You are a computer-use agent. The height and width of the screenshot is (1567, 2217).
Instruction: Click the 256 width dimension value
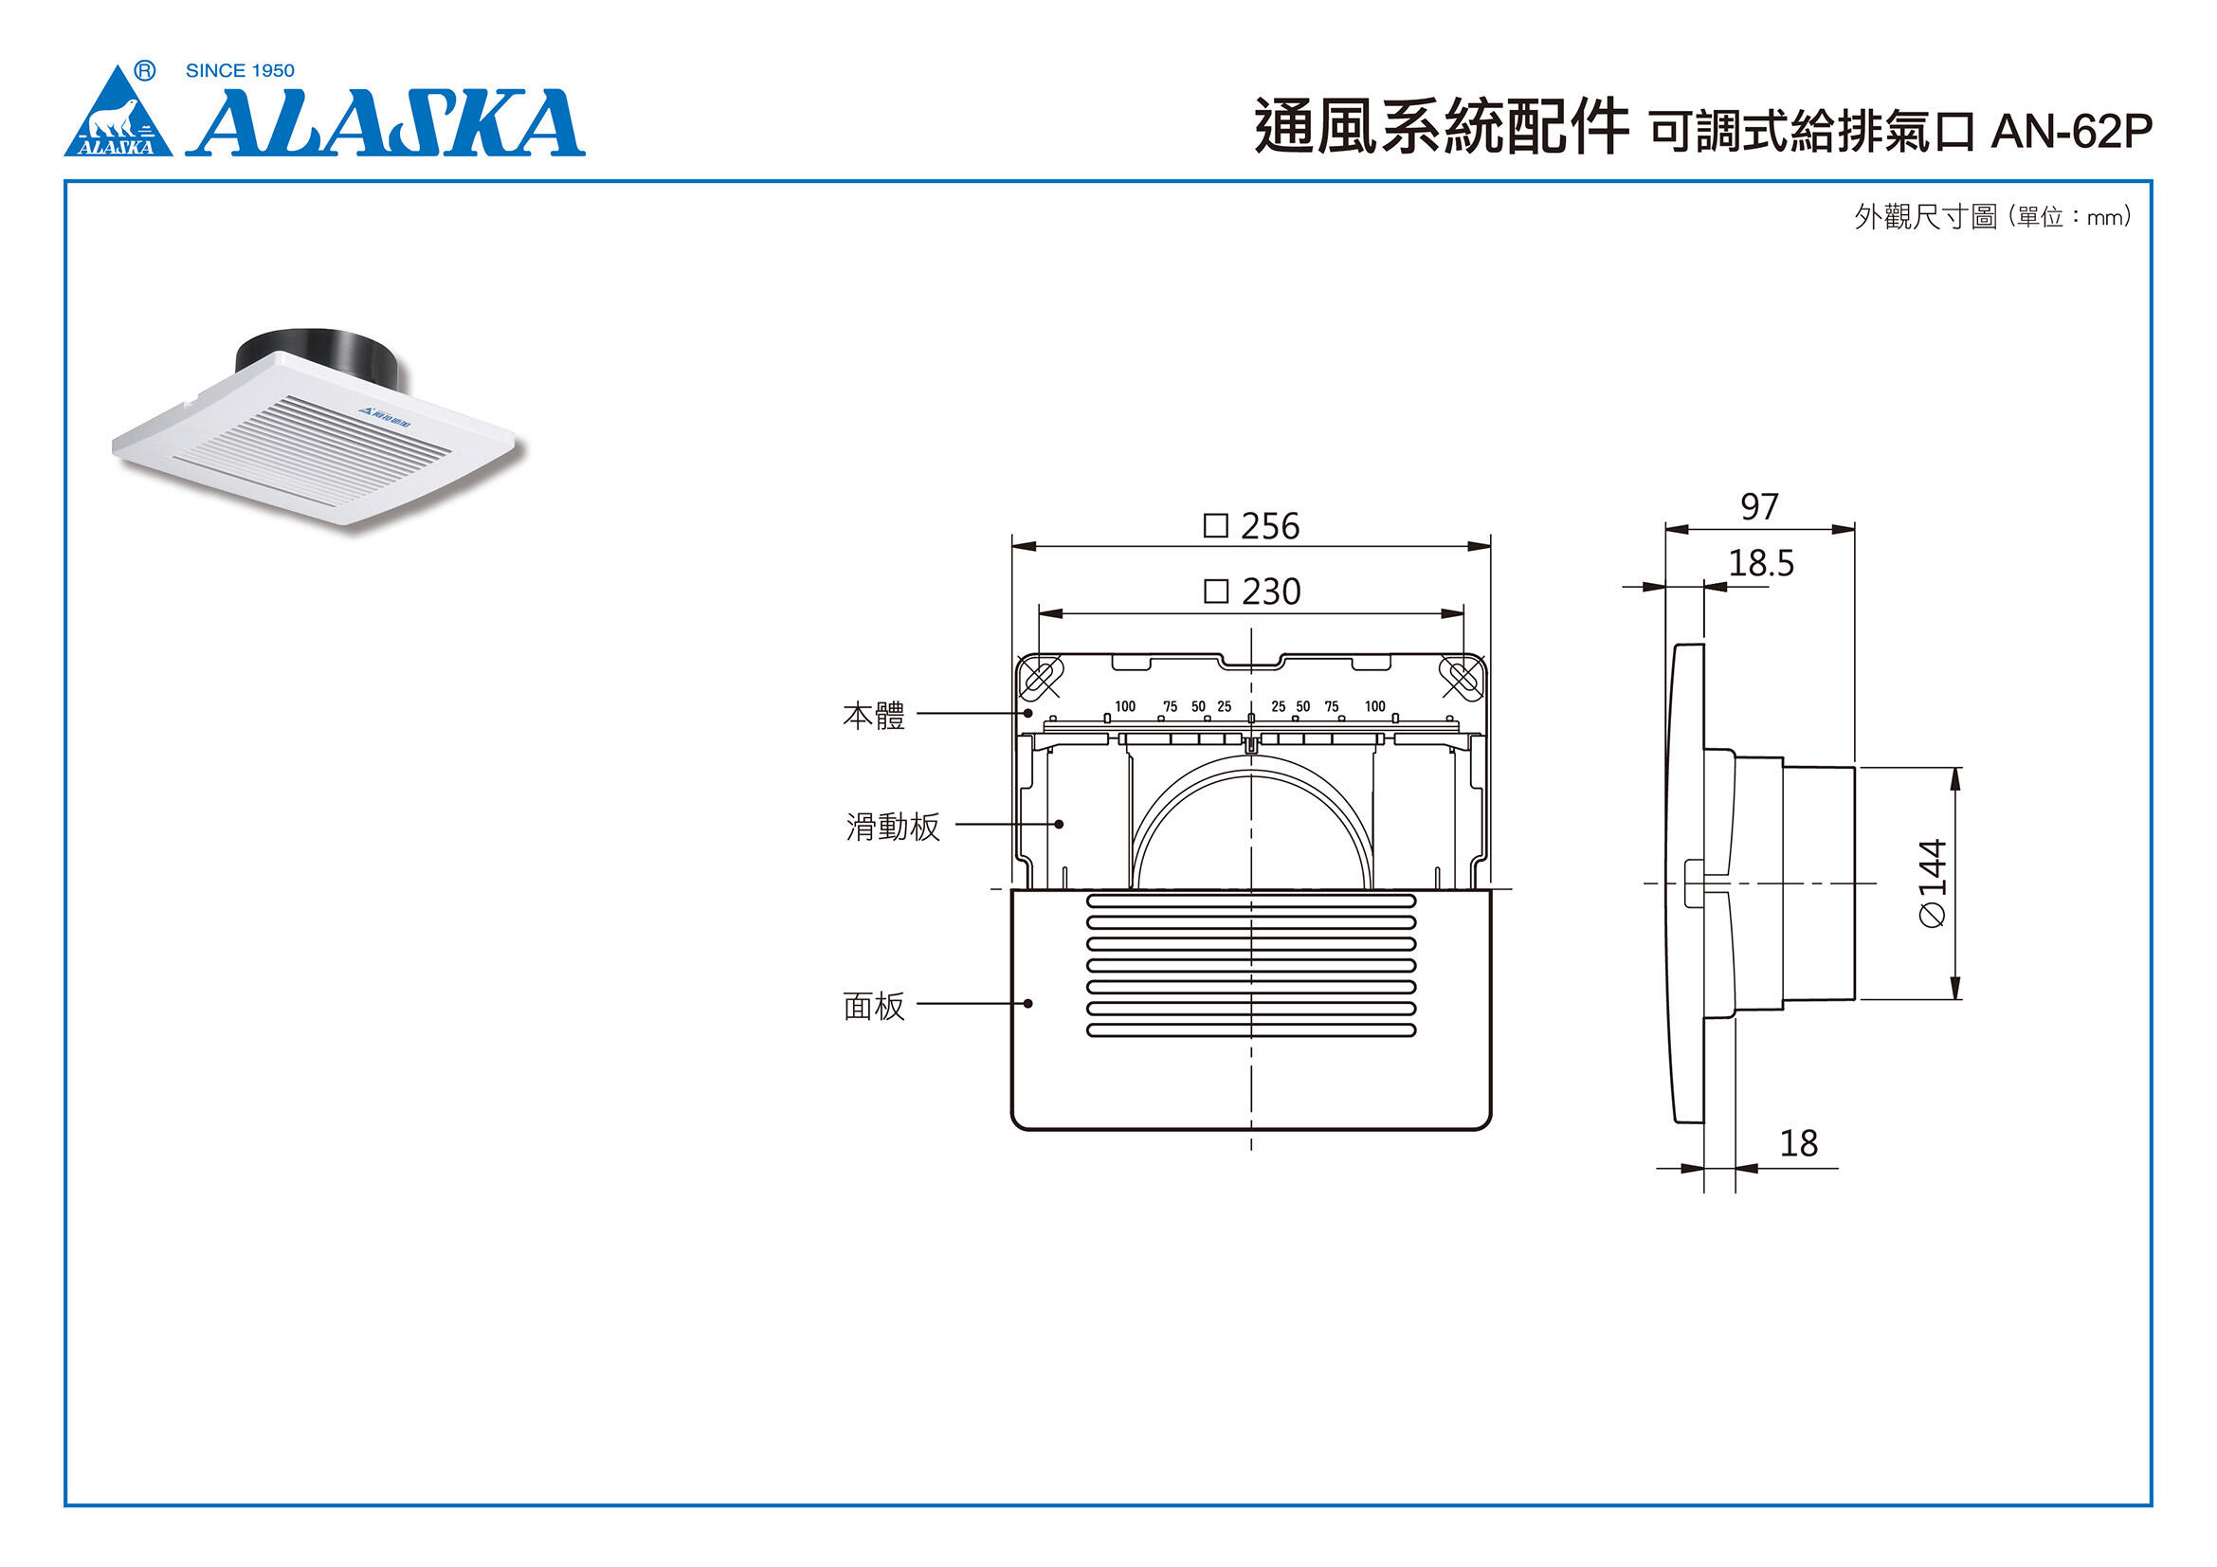click(x=1269, y=526)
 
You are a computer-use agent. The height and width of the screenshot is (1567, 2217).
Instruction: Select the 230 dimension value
click(x=1271, y=591)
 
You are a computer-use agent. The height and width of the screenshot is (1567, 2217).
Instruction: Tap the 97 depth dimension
click(x=1758, y=507)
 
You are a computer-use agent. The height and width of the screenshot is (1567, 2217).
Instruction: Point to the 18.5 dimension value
click(x=1760, y=564)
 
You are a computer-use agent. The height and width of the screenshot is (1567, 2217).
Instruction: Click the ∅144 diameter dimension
click(x=1932, y=883)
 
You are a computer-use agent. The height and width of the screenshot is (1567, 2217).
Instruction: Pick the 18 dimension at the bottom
click(x=1798, y=1143)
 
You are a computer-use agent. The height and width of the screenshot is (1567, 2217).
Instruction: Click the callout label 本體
click(x=873, y=716)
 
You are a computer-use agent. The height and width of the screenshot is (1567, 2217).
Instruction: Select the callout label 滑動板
click(x=892, y=827)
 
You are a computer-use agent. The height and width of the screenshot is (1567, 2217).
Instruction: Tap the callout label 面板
click(x=873, y=1006)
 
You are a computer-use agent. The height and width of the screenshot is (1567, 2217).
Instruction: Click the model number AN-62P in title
click(x=2071, y=133)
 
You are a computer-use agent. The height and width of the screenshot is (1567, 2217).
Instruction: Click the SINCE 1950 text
click(x=240, y=70)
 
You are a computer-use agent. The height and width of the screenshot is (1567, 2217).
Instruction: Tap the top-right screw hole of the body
click(x=1462, y=677)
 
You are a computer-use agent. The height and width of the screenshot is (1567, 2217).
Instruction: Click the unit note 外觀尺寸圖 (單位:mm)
click(x=1992, y=217)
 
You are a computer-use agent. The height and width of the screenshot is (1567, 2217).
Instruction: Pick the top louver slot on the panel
click(x=1250, y=901)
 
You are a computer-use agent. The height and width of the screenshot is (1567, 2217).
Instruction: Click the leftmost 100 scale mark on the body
click(x=1125, y=707)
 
